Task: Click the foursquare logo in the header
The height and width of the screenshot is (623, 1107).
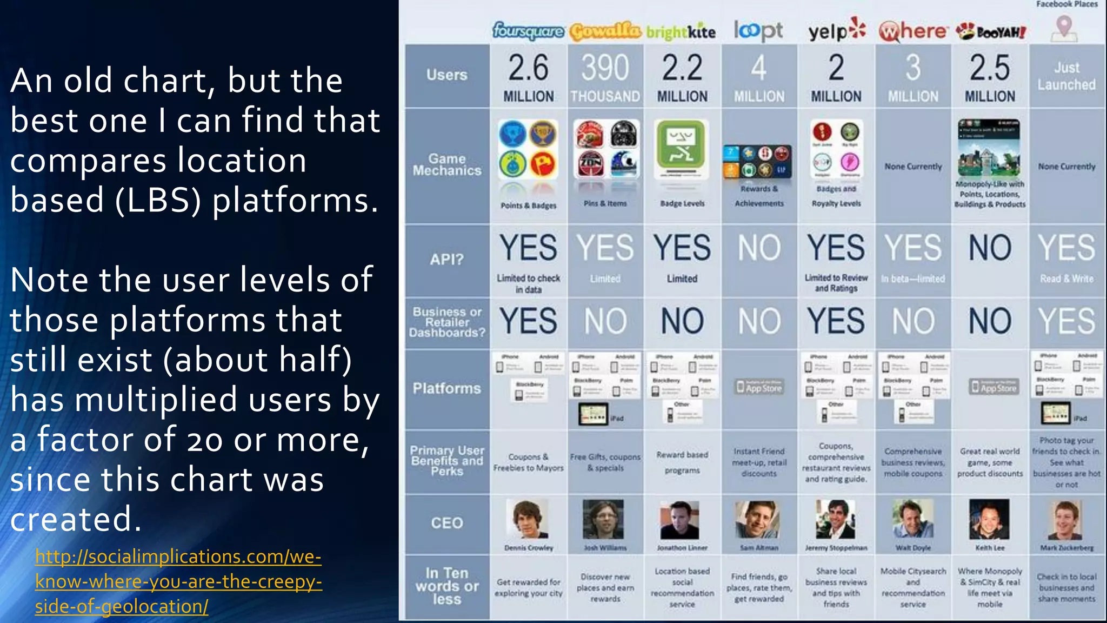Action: coord(528,31)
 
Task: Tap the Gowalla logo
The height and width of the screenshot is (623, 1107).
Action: coord(605,32)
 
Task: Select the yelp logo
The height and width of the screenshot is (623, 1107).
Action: coord(836,30)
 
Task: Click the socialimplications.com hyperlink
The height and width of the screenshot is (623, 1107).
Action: coord(178,581)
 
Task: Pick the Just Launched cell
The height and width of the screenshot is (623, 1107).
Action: coord(1066,76)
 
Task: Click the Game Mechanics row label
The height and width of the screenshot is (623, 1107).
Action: coord(447,165)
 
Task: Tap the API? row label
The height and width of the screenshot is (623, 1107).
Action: coord(447,260)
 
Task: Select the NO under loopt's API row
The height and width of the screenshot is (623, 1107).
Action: coord(759,248)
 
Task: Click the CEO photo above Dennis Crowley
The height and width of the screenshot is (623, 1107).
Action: coord(528,519)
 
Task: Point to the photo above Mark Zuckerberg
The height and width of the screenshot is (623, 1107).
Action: coord(1066,520)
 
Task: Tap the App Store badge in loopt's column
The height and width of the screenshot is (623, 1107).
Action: coord(759,387)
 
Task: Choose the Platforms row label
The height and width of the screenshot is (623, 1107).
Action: coord(447,388)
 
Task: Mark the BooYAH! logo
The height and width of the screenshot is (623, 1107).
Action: coord(990,32)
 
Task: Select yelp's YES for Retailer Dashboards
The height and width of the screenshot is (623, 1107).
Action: coord(836,321)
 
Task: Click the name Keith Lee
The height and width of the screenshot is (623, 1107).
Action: coord(990,548)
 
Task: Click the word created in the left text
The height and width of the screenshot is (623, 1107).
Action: coord(76,519)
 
